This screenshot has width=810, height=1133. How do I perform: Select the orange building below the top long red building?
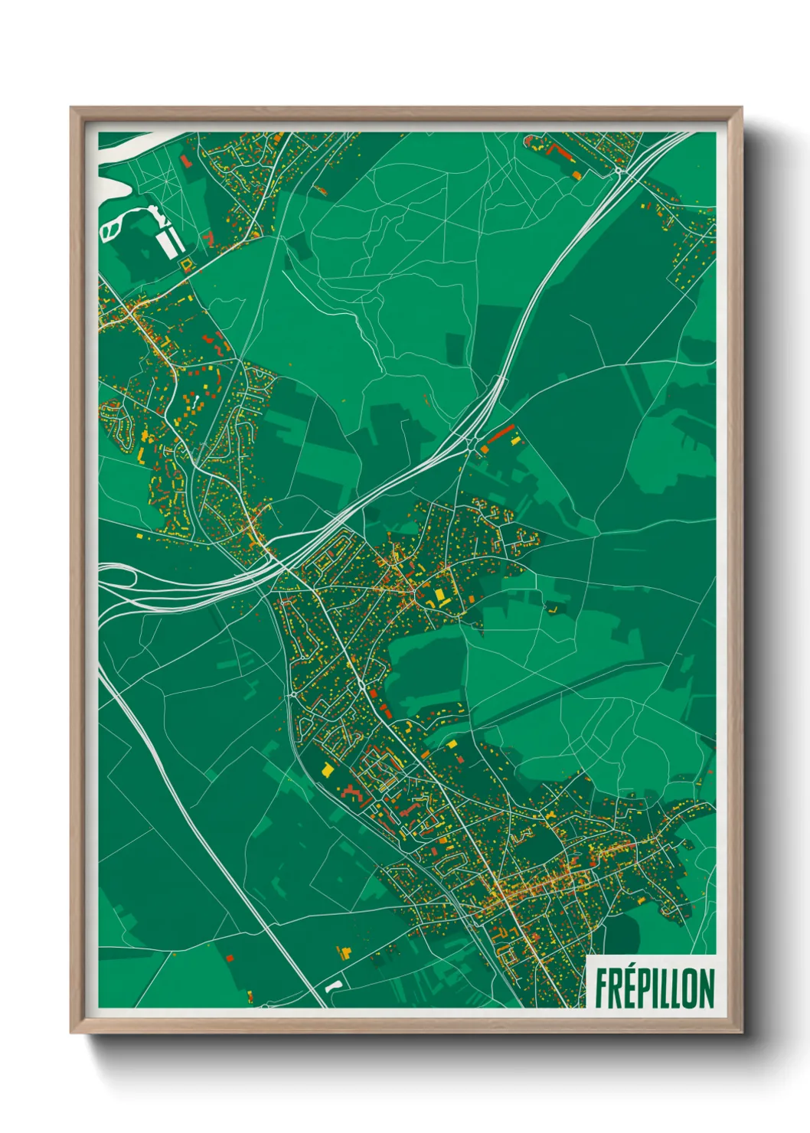576,175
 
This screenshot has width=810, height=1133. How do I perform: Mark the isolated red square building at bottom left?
230,958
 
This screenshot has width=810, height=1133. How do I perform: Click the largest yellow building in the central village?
439,596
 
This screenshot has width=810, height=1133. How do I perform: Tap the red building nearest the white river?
185,161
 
